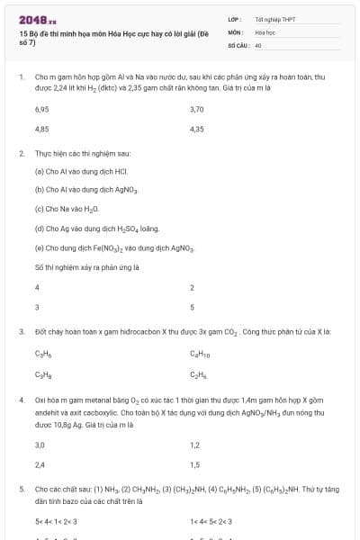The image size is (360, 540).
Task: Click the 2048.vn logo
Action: (x=38, y=19)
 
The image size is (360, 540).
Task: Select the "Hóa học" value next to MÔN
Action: (x=265, y=31)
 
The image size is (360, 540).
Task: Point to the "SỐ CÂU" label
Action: (x=238, y=44)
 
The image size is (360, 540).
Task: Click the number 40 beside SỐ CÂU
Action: (x=258, y=44)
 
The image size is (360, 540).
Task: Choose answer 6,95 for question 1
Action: (x=41, y=109)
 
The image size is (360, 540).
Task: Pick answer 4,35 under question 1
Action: (x=197, y=129)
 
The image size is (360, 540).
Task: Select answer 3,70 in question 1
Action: (x=197, y=109)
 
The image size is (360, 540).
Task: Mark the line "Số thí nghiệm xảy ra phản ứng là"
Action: (x=86, y=267)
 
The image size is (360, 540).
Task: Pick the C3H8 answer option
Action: (x=42, y=374)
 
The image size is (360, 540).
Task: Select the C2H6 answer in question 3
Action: (x=198, y=374)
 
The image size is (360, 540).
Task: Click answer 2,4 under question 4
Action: (x=40, y=464)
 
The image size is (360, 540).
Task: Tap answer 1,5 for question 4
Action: (x=194, y=464)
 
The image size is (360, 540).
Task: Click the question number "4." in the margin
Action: (x=21, y=399)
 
